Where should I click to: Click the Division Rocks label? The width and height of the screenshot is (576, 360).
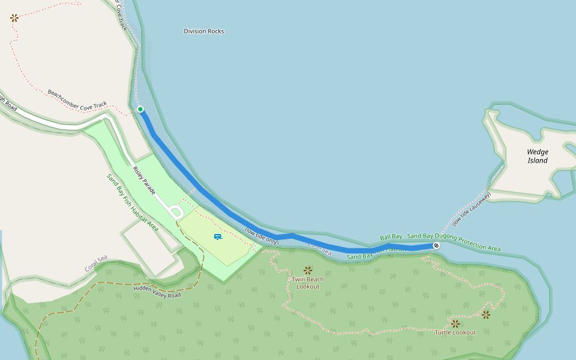click(204, 31)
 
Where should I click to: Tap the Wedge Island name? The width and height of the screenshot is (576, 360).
click(538, 156)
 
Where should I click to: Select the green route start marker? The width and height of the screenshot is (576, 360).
click(140, 109)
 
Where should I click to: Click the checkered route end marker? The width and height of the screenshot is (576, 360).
click(436, 245)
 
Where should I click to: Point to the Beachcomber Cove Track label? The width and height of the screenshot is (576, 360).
click(77, 100)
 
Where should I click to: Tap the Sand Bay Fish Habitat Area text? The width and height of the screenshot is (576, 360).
click(132, 202)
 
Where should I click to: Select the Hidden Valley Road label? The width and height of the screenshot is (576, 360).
click(157, 292)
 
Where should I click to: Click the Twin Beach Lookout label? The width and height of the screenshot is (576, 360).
click(308, 283)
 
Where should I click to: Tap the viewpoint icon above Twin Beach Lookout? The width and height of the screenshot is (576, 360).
click(308, 270)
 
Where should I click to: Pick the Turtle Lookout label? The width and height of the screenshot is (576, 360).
click(455, 332)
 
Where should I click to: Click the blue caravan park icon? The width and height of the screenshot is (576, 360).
click(218, 237)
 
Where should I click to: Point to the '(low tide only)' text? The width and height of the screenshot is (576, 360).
click(262, 236)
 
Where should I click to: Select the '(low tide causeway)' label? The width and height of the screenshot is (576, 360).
click(472, 209)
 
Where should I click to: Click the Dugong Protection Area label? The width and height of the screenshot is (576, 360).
click(440, 242)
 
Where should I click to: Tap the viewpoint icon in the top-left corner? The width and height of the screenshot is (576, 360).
click(14, 18)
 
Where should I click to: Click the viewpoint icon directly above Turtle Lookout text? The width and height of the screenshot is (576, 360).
click(455, 323)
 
